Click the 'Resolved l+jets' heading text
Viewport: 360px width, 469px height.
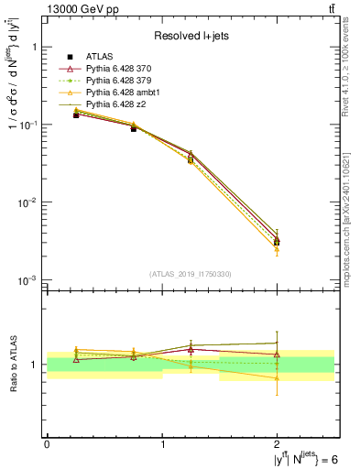point(191,36)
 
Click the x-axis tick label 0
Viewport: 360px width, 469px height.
point(47,444)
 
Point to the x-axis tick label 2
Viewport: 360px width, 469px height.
point(278,444)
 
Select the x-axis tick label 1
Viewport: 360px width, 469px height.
point(162,444)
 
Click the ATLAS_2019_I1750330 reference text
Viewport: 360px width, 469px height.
point(191,274)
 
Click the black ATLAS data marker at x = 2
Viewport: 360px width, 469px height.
point(278,242)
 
